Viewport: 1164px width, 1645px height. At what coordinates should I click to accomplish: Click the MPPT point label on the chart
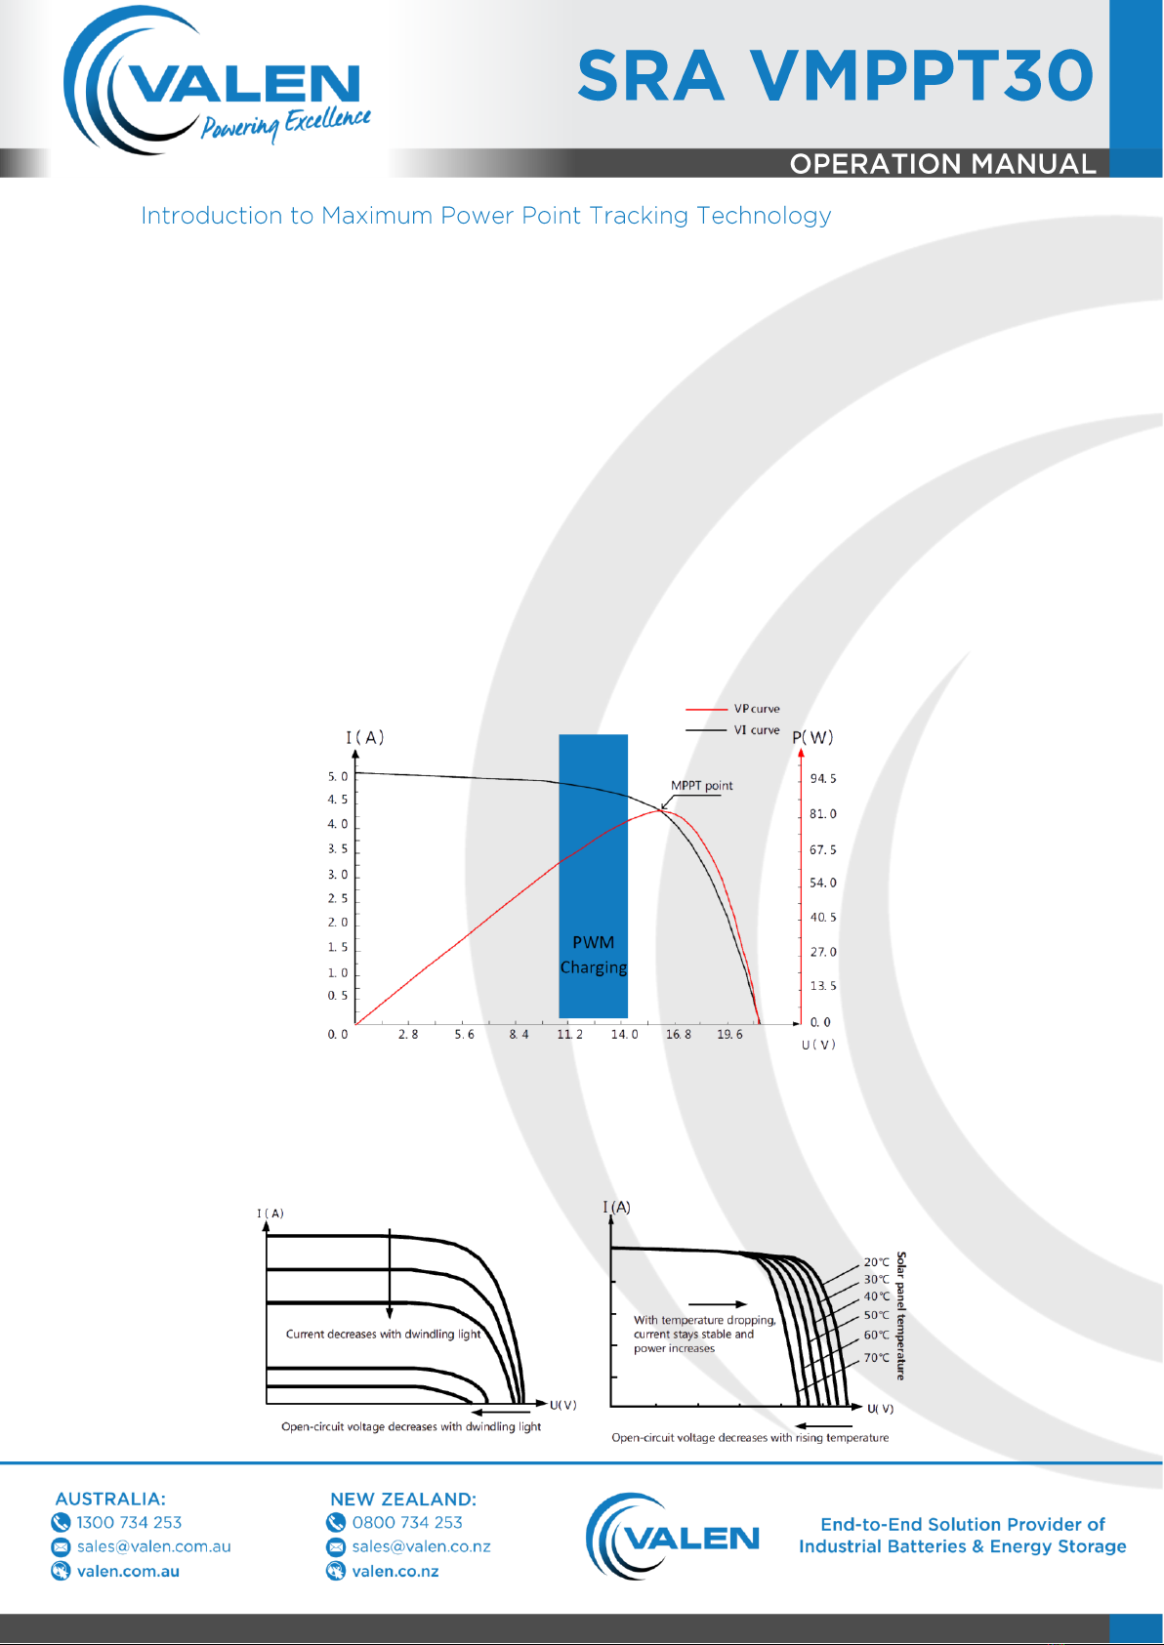pos(701,785)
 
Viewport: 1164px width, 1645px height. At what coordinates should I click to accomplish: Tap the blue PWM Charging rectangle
pos(594,876)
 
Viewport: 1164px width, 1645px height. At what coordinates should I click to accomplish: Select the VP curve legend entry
pos(732,709)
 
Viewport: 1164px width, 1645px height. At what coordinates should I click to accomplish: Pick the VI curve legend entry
pos(732,730)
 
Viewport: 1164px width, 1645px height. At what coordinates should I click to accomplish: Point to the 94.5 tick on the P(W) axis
pos(822,778)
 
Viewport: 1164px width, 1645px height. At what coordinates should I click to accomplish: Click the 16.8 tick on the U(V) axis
pos(678,1034)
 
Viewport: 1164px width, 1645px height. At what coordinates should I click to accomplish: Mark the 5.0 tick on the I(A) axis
pos(338,776)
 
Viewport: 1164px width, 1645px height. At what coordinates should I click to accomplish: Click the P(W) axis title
pos(813,737)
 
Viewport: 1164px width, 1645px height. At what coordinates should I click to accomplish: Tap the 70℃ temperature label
pos(876,1358)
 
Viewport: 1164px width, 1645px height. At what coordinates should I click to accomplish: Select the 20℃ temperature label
pos(876,1261)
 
